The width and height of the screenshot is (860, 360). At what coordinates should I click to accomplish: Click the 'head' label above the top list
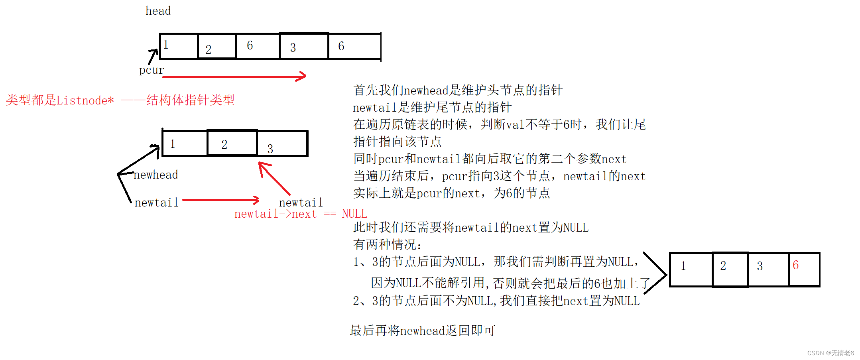[x=158, y=11]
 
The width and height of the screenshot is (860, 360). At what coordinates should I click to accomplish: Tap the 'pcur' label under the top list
[x=151, y=70]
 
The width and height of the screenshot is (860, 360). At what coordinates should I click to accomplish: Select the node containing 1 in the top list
[x=179, y=46]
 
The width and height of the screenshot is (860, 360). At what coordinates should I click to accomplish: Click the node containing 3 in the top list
[x=304, y=46]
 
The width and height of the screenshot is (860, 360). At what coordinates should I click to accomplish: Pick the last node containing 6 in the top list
[x=354, y=46]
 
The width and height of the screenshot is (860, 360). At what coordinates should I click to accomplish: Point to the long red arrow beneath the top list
[x=234, y=77]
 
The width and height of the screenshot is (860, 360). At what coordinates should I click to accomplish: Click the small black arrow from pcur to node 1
[x=153, y=56]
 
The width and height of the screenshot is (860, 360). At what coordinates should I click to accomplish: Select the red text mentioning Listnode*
[x=120, y=100]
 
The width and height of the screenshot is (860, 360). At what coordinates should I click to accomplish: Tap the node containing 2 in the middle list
[x=232, y=143]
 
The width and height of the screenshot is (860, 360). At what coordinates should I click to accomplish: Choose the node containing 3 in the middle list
[x=282, y=144]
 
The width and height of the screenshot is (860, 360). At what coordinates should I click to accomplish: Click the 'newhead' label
[x=156, y=175]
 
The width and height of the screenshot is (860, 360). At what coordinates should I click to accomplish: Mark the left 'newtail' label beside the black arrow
[x=156, y=203]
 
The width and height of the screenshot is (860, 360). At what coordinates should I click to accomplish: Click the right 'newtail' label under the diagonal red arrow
[x=301, y=203]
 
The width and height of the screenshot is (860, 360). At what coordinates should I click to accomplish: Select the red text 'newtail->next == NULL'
[x=301, y=214]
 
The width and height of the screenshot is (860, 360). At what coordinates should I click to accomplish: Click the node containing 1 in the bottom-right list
[x=691, y=269]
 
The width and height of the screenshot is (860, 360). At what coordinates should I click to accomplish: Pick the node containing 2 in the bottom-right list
[x=730, y=269]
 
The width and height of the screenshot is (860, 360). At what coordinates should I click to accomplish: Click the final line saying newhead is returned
[x=422, y=330]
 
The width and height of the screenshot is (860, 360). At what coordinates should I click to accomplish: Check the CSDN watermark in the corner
[x=830, y=353]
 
